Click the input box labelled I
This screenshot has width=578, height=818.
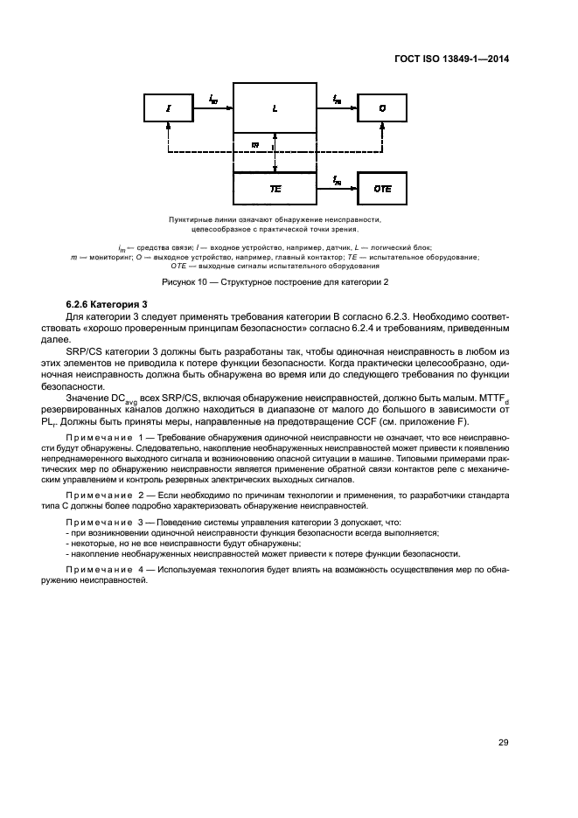tap(169, 108)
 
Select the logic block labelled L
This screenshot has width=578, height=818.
tap(275, 108)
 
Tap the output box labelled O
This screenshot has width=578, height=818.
tap(382, 108)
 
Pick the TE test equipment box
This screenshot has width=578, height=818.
tap(275, 188)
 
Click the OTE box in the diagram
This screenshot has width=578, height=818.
tap(382, 188)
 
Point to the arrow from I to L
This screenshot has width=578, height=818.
tap(214, 107)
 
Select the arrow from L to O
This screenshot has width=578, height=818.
tap(338, 107)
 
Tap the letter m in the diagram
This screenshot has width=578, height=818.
tap(254, 145)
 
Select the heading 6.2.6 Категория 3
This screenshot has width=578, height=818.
tap(104, 303)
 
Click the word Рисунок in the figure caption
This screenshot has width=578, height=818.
tap(181, 282)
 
